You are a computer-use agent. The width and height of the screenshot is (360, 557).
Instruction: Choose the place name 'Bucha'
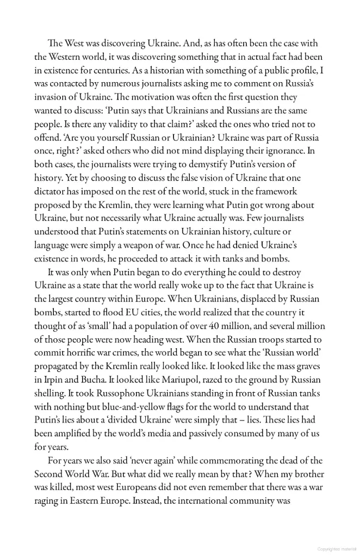[x=95, y=380]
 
